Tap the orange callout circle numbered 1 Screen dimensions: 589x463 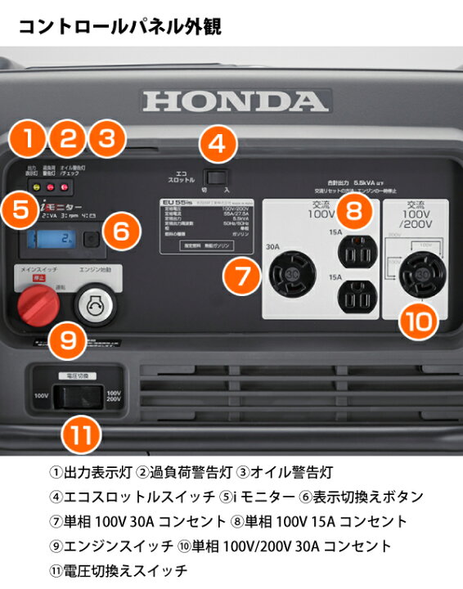31,138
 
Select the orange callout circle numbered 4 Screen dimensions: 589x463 216,144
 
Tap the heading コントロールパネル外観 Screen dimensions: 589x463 119,27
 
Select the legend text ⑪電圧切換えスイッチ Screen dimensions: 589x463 119,569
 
